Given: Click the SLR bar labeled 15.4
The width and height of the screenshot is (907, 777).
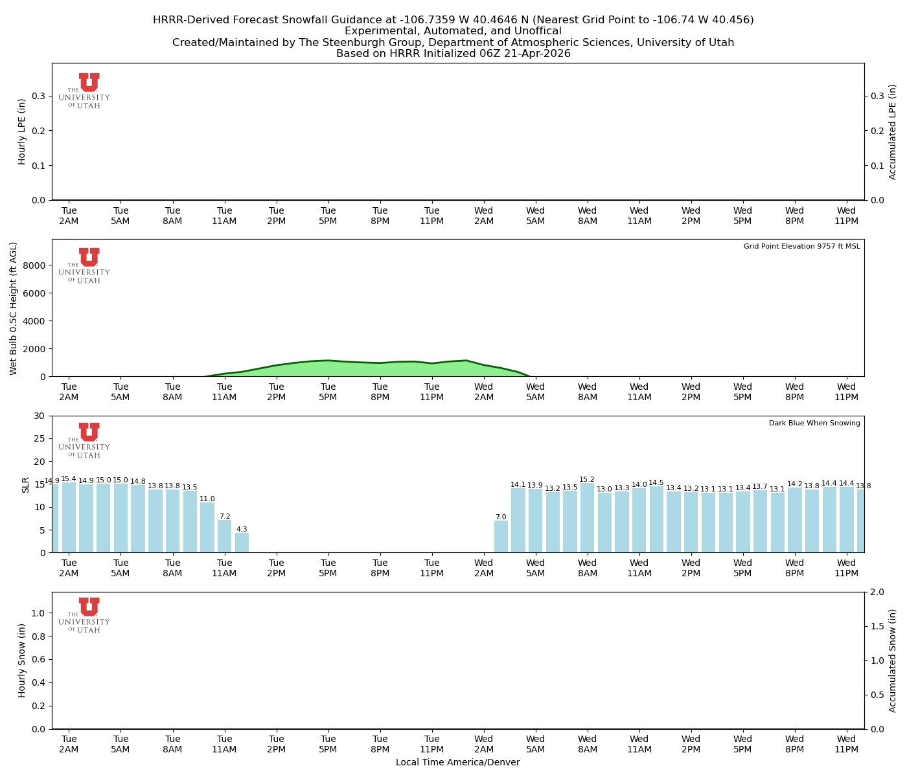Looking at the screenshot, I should click(69, 517).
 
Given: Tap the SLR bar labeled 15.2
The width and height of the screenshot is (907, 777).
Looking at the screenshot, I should click(587, 518).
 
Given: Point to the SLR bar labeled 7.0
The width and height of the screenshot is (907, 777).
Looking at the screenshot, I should click(501, 537).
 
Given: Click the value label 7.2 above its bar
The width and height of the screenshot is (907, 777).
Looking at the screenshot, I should click(225, 517).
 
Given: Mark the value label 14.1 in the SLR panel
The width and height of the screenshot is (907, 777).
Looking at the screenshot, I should click(518, 484).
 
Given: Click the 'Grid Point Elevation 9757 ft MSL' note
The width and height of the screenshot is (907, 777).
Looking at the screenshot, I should click(801, 247).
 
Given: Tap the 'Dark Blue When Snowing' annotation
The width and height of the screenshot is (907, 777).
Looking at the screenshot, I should click(814, 423).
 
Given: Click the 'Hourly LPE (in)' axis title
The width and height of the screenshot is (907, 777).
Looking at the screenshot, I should click(22, 131).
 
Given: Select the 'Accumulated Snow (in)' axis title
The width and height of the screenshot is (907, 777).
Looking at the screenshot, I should click(893, 660).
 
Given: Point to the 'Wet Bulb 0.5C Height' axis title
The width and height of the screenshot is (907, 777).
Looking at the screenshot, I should click(14, 308).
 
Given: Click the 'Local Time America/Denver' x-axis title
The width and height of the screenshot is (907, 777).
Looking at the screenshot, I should click(457, 763).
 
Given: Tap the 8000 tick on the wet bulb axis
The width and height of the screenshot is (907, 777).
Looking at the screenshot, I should click(36, 265).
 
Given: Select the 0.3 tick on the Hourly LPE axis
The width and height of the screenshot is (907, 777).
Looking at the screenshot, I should click(39, 96).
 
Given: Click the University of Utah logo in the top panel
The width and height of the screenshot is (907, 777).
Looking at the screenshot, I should click(85, 91).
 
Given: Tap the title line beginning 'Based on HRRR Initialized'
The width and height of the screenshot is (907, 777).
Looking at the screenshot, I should click(454, 54).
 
